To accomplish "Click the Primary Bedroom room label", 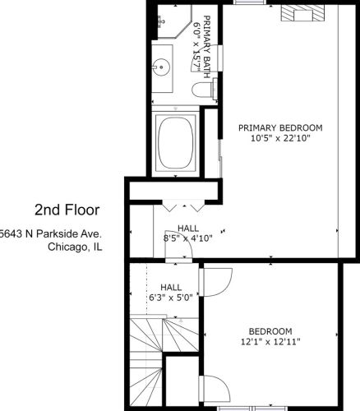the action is (280, 128).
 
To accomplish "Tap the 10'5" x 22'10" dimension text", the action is (280, 138).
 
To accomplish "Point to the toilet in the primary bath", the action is (204, 89).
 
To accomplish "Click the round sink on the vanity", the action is (161, 67).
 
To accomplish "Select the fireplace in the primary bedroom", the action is (302, 13).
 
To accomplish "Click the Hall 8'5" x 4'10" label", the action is (188, 233).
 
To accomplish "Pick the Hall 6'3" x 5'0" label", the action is (171, 292).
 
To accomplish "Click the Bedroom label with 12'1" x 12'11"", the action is (270, 336).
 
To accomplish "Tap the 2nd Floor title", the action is (67, 210).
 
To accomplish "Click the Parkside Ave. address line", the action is (51, 233).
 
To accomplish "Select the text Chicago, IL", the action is (75, 247).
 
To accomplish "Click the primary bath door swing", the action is (207, 58).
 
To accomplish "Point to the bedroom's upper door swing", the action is (216, 282).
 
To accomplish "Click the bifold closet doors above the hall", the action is (183, 205).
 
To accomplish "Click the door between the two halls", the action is (178, 244).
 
